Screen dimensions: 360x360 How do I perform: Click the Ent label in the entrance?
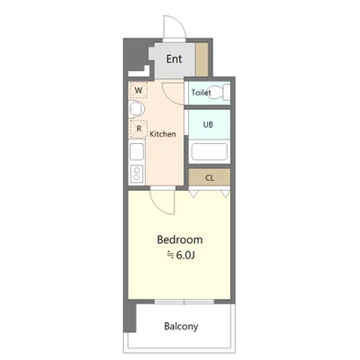[174, 58]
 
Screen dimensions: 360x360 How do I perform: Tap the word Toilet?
[201, 93]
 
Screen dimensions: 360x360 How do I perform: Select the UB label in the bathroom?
[208, 124]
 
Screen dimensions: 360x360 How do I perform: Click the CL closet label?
[210, 178]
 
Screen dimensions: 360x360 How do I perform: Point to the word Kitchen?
[163, 134]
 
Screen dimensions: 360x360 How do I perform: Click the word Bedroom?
[180, 239]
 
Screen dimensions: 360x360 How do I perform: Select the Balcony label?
[181, 326]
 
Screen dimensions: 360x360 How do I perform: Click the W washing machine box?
[138, 90]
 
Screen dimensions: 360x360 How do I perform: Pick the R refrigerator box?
[139, 129]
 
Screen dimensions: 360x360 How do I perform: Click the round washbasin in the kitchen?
[136, 109]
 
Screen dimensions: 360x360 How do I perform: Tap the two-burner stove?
[137, 174]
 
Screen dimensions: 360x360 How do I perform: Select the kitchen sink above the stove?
[137, 152]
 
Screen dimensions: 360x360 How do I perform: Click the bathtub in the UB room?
[209, 152]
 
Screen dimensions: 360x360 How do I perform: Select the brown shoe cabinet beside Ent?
[202, 59]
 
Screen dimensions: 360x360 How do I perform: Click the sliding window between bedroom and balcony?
[184, 301]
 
